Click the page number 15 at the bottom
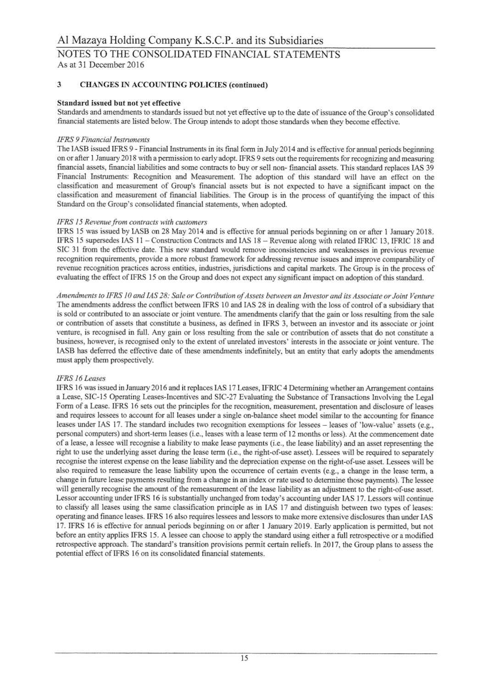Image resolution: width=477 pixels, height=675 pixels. point(244,658)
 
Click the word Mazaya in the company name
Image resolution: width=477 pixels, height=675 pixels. point(86,41)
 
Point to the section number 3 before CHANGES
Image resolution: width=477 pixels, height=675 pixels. point(59,85)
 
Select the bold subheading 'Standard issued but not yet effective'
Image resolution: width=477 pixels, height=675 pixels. point(118,103)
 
